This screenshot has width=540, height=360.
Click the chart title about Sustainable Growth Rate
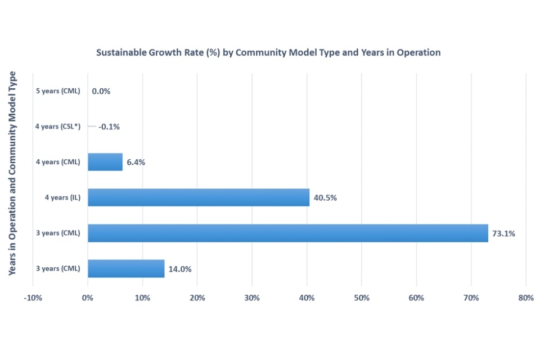coord(268,52)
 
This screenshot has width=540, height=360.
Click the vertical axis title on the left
coord(12,173)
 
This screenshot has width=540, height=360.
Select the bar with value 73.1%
coord(287,233)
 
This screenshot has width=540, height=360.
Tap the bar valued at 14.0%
coord(126,268)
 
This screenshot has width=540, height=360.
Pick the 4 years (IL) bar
coord(199,197)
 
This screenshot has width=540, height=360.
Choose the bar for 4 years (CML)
coord(105,162)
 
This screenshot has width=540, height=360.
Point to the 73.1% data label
coord(503,233)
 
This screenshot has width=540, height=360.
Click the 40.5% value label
coord(325,198)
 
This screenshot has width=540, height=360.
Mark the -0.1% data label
coord(109,127)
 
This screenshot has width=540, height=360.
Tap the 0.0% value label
coord(101,91)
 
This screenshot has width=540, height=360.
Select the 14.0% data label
coord(180,269)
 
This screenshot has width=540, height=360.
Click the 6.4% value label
coord(136,163)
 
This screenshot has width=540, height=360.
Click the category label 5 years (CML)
coord(58,91)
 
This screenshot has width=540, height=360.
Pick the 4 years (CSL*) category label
coord(58,127)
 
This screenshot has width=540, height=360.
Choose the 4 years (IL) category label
coord(63,197)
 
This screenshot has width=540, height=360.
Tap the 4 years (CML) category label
coord(58,162)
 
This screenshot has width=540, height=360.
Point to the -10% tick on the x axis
coord(33,298)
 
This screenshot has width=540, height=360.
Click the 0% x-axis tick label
coord(88,298)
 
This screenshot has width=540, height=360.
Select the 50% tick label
coord(361,298)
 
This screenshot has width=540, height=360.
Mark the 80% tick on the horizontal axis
coord(525,298)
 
